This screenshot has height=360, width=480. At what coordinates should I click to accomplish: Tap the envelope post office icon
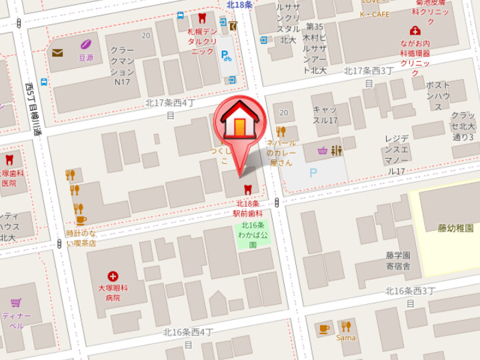(x=57, y=53)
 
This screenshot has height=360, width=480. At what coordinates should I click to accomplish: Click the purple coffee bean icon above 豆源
(x=85, y=45)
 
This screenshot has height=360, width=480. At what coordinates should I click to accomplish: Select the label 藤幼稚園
(x=455, y=228)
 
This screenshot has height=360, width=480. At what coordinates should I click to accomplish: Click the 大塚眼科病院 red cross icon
(x=113, y=275)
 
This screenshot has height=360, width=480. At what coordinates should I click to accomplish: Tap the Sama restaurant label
(x=346, y=337)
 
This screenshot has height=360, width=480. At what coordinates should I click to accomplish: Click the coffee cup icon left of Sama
(x=324, y=328)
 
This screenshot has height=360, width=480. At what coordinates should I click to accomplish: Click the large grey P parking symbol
(x=313, y=173)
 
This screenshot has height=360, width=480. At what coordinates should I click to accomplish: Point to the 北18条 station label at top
(x=239, y=5)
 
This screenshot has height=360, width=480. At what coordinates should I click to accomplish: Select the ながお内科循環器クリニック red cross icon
(x=415, y=31)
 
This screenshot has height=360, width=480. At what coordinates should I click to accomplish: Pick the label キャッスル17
(x=325, y=115)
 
